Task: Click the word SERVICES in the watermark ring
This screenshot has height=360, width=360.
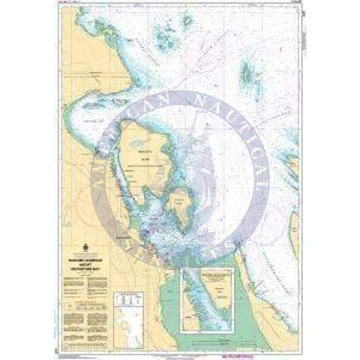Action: (209, 259)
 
